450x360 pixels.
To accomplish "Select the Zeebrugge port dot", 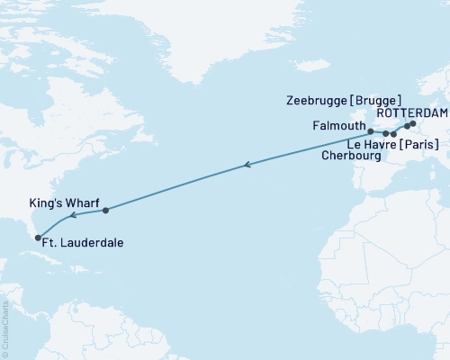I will click(407, 127).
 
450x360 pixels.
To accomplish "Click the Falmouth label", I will click(338, 126).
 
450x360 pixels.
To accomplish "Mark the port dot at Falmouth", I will click(371, 131).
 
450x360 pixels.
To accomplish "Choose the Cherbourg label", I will click(351, 156).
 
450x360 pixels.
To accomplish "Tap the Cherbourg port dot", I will click(386, 133).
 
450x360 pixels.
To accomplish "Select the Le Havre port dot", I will click(394, 134).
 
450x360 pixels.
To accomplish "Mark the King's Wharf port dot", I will click(106, 211).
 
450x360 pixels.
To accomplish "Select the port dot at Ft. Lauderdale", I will click(38, 238).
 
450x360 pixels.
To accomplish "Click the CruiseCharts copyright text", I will click(5, 329).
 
